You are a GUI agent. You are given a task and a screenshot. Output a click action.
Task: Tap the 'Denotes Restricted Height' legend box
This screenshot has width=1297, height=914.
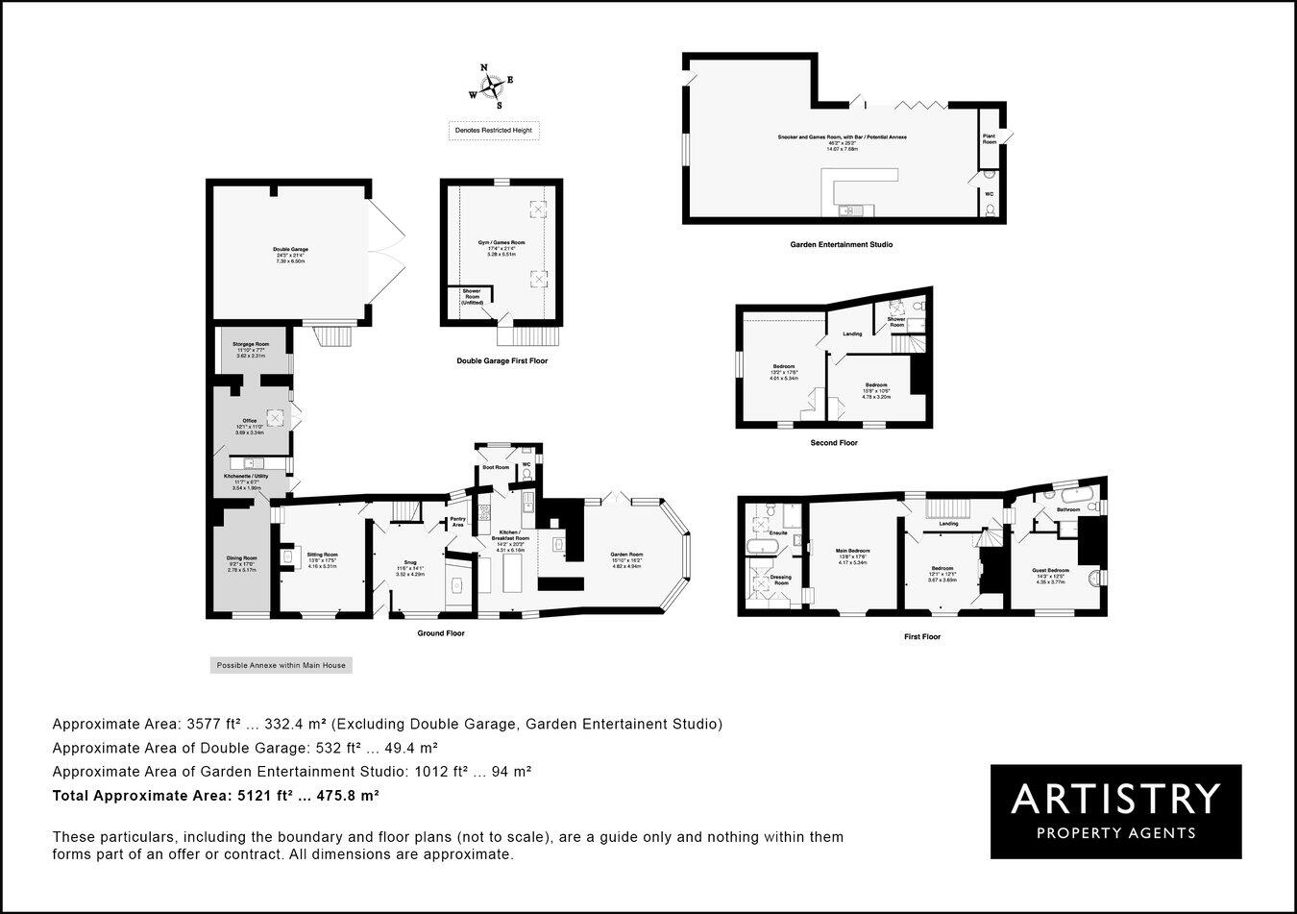point(494,131)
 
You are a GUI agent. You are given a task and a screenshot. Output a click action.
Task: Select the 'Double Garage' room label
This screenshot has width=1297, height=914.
point(290,249)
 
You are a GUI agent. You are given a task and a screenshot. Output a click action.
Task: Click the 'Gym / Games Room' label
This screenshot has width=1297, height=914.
point(502,242)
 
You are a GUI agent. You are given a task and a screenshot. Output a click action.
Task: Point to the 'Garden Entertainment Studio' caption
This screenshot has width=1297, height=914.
point(841,245)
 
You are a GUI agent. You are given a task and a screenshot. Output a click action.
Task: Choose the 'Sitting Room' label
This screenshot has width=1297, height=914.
point(322,555)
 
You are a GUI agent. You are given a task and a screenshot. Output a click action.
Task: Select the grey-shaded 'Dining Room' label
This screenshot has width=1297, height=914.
point(242,558)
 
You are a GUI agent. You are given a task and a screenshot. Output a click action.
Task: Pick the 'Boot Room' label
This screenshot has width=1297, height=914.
point(496,467)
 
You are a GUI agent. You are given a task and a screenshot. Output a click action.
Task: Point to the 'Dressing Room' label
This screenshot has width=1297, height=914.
point(780,580)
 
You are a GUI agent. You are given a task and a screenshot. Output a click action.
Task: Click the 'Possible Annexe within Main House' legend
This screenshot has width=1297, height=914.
point(281,665)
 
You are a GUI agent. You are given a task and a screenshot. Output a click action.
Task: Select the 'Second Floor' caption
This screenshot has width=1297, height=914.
point(834,443)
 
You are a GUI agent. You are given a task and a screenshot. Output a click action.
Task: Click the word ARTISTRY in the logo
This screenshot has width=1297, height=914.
point(1115,799)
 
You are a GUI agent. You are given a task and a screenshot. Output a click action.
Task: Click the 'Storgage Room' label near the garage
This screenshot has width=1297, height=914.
point(249,343)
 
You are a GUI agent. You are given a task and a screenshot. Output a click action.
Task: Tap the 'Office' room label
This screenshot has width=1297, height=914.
point(249,421)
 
